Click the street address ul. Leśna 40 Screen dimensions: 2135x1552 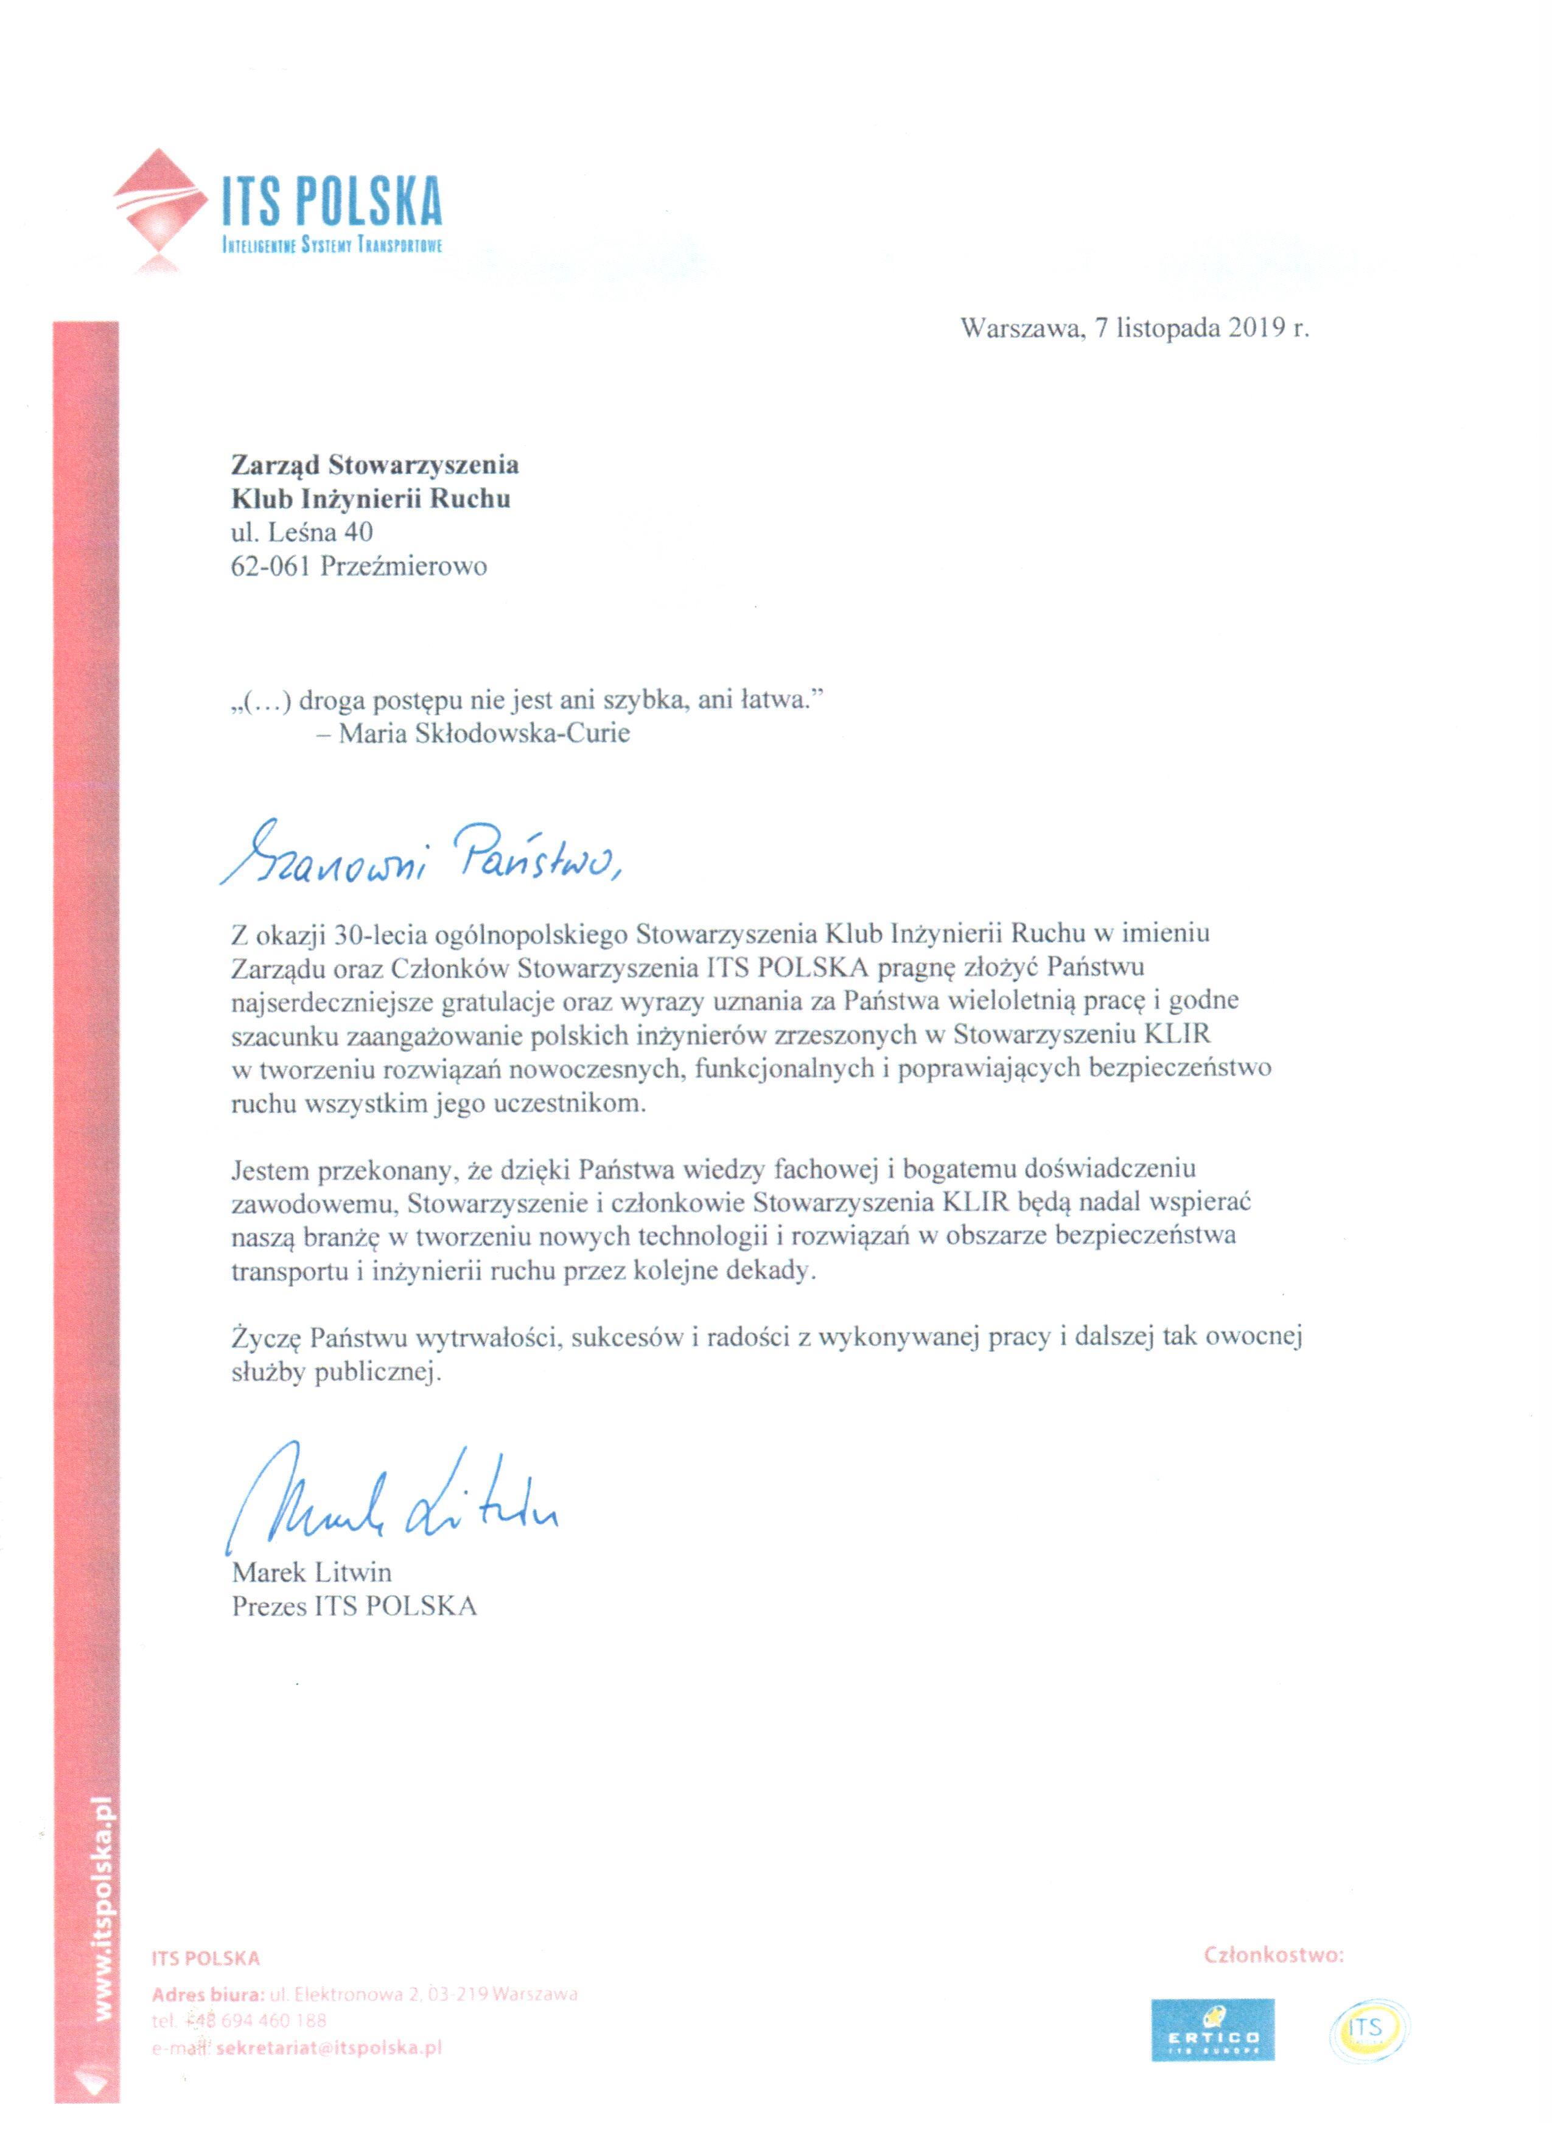pos(302,532)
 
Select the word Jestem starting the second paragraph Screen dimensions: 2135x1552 pos(271,1169)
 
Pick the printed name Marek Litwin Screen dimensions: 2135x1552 pos(312,1572)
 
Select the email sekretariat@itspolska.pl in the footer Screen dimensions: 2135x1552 pos(329,2047)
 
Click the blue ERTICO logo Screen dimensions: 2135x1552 pos(1212,2030)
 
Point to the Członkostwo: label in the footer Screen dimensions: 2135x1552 pos(1273,1955)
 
